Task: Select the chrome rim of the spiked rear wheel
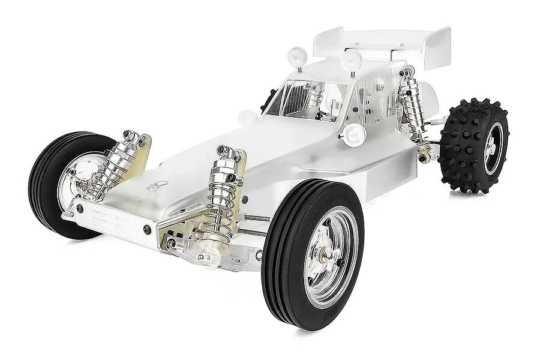pos(493,146)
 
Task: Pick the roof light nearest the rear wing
pos(352,59)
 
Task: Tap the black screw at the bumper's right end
pos(148,229)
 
